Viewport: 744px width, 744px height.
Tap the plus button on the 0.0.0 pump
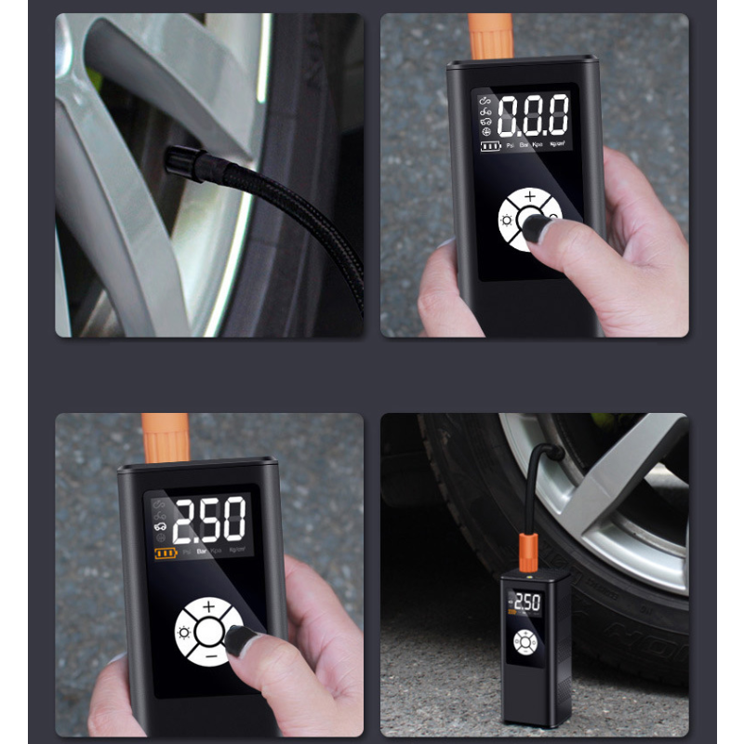pyautogui.click(x=530, y=197)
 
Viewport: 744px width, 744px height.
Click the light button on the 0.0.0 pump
pyautogui.click(x=508, y=220)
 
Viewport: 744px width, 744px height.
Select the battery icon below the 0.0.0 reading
pyautogui.click(x=490, y=146)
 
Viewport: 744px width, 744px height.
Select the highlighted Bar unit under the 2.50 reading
pyautogui.click(x=202, y=551)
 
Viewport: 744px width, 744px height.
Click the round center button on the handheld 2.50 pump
pyautogui.click(x=209, y=633)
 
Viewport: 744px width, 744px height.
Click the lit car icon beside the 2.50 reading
pyautogui.click(x=160, y=526)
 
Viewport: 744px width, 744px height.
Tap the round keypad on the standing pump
pyautogui.click(x=525, y=643)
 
